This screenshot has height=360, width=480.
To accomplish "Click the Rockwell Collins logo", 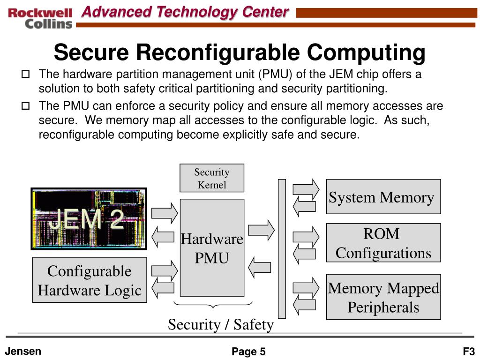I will pyautogui.click(x=40, y=18).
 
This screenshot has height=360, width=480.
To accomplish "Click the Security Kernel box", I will pyautogui.click(x=212, y=178).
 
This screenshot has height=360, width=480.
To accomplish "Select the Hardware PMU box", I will pyautogui.click(x=212, y=247).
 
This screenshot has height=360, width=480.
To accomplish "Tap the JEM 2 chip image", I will pyautogui.click(x=89, y=218).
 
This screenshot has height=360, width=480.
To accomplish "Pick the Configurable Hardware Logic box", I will pyautogui.click(x=90, y=280).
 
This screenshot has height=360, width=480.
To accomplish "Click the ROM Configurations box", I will pyautogui.click(x=383, y=243).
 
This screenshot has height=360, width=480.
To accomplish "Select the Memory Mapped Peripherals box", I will pyautogui.click(x=383, y=297).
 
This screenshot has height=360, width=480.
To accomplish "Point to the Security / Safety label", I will pyautogui.click(x=220, y=324).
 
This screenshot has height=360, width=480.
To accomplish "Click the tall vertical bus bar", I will pyautogui.click(x=282, y=248).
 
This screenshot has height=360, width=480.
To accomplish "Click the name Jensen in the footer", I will pyautogui.click(x=23, y=351).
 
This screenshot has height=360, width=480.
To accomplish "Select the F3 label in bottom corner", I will pyautogui.click(x=469, y=352).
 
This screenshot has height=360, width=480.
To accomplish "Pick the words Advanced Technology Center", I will pyautogui.click(x=185, y=12).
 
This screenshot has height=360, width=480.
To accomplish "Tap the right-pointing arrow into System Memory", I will pyautogui.click(x=306, y=188).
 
